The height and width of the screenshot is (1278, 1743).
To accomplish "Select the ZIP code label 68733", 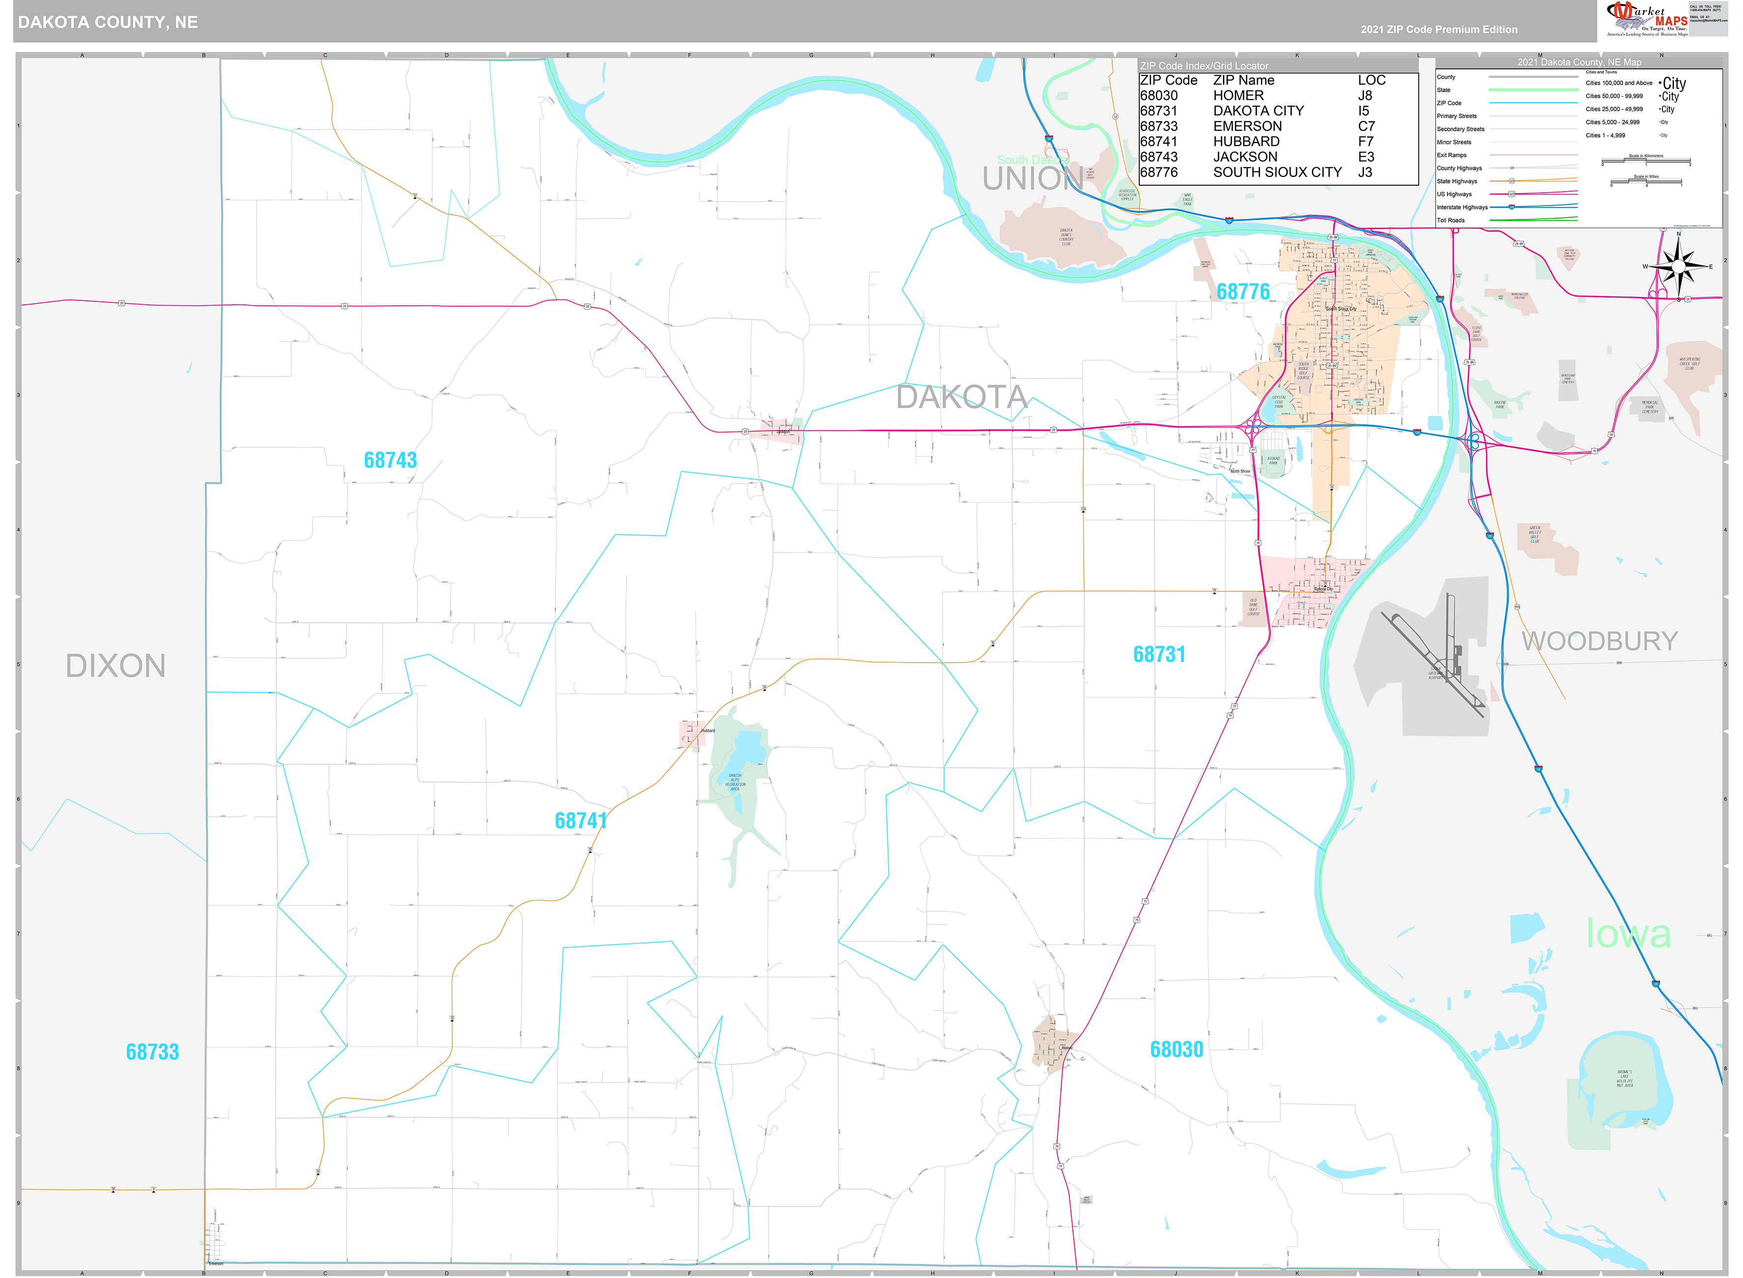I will [152, 1052].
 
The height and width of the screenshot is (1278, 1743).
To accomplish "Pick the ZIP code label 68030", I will [1176, 1050].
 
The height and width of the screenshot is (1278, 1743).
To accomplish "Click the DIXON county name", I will [115, 666].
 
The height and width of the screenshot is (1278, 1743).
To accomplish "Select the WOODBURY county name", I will [1599, 641].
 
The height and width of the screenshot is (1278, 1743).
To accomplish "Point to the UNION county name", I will [1032, 179].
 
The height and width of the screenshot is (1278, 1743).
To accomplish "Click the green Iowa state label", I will [1628, 934].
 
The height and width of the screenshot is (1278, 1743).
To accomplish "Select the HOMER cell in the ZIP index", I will [1238, 96].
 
